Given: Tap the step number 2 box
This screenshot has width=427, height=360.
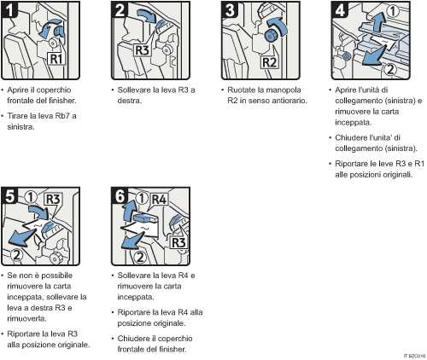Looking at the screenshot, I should click(x=120, y=11).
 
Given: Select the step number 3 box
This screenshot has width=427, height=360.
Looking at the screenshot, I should click(x=228, y=11).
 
